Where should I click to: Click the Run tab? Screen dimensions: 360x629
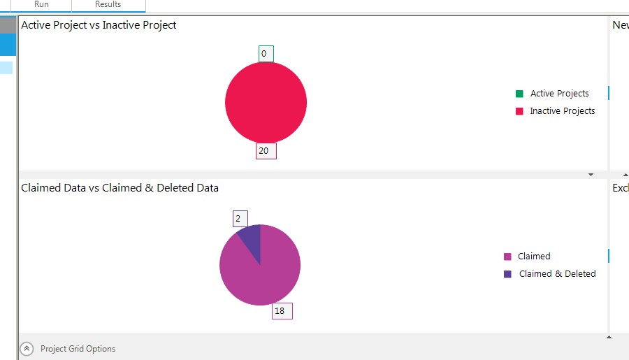(41, 5)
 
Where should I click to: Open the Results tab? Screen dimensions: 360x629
(108, 5)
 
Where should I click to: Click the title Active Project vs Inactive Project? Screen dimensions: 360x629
(99, 25)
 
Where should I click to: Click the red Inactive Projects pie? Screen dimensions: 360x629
(266, 103)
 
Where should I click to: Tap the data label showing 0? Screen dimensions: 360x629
(265, 54)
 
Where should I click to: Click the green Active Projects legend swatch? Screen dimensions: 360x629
(519, 94)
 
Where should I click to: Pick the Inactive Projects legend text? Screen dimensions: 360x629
(562, 111)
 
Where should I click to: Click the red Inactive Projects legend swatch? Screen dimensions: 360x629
(519, 111)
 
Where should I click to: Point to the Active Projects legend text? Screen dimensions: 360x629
(559, 94)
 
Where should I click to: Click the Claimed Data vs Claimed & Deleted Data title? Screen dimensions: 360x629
(120, 188)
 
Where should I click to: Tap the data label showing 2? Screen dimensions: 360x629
(240, 219)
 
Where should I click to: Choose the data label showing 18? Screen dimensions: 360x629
(282, 311)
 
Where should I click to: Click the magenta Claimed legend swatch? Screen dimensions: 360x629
(507, 257)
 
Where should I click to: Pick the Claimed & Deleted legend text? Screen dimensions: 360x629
(557, 274)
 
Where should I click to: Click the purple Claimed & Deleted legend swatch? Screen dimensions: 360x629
(507, 274)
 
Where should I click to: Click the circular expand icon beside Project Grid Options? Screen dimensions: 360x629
(27, 349)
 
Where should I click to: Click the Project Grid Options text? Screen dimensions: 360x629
(78, 349)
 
